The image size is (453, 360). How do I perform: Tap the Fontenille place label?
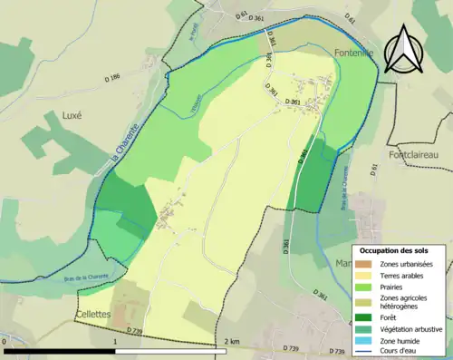355,54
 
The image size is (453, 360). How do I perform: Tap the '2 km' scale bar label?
234,342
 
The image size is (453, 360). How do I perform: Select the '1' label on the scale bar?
115,342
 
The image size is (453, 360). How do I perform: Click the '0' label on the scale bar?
5,342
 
